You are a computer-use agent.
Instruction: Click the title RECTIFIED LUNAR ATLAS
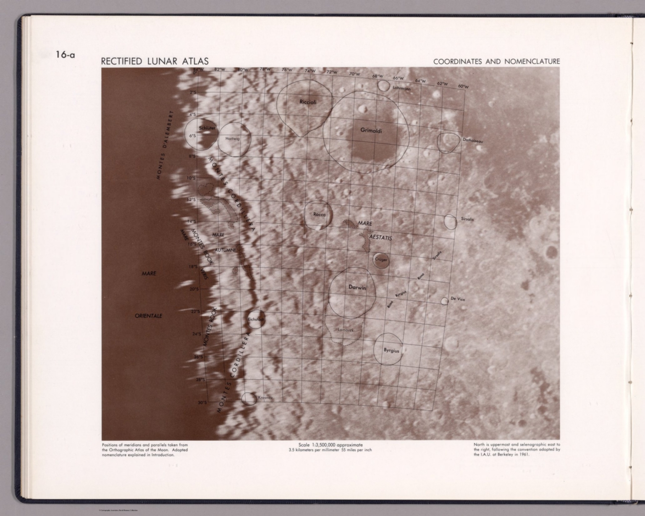pyautogui.click(x=155, y=61)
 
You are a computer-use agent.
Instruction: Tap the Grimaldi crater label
pyautogui.click(x=371, y=131)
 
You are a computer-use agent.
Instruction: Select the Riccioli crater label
pyautogui.click(x=308, y=102)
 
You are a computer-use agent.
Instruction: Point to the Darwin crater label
pyautogui.click(x=357, y=288)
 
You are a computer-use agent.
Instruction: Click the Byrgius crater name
pyautogui.click(x=391, y=350)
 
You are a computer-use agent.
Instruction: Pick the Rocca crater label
pyautogui.click(x=319, y=215)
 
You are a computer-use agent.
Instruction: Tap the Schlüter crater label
pyautogui.click(x=207, y=128)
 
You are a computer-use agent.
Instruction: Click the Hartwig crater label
pyautogui.click(x=232, y=139)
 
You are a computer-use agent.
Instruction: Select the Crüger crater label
pyautogui.click(x=381, y=259)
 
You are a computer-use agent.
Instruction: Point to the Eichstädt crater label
pyautogui.click(x=255, y=320)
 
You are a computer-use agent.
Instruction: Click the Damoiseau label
pyautogui.click(x=473, y=141)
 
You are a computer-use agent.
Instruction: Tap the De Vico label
pyautogui.click(x=458, y=299)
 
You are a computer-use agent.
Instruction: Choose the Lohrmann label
pyautogui.click(x=402, y=89)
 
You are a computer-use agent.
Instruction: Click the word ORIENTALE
pyautogui.click(x=148, y=316)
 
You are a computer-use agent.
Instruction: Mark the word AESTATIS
pyautogui.click(x=380, y=238)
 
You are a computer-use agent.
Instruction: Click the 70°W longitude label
pyautogui.click(x=355, y=74)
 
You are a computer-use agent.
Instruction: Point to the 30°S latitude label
pyautogui.click(x=202, y=403)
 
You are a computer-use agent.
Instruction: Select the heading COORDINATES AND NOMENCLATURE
pyautogui.click(x=496, y=62)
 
